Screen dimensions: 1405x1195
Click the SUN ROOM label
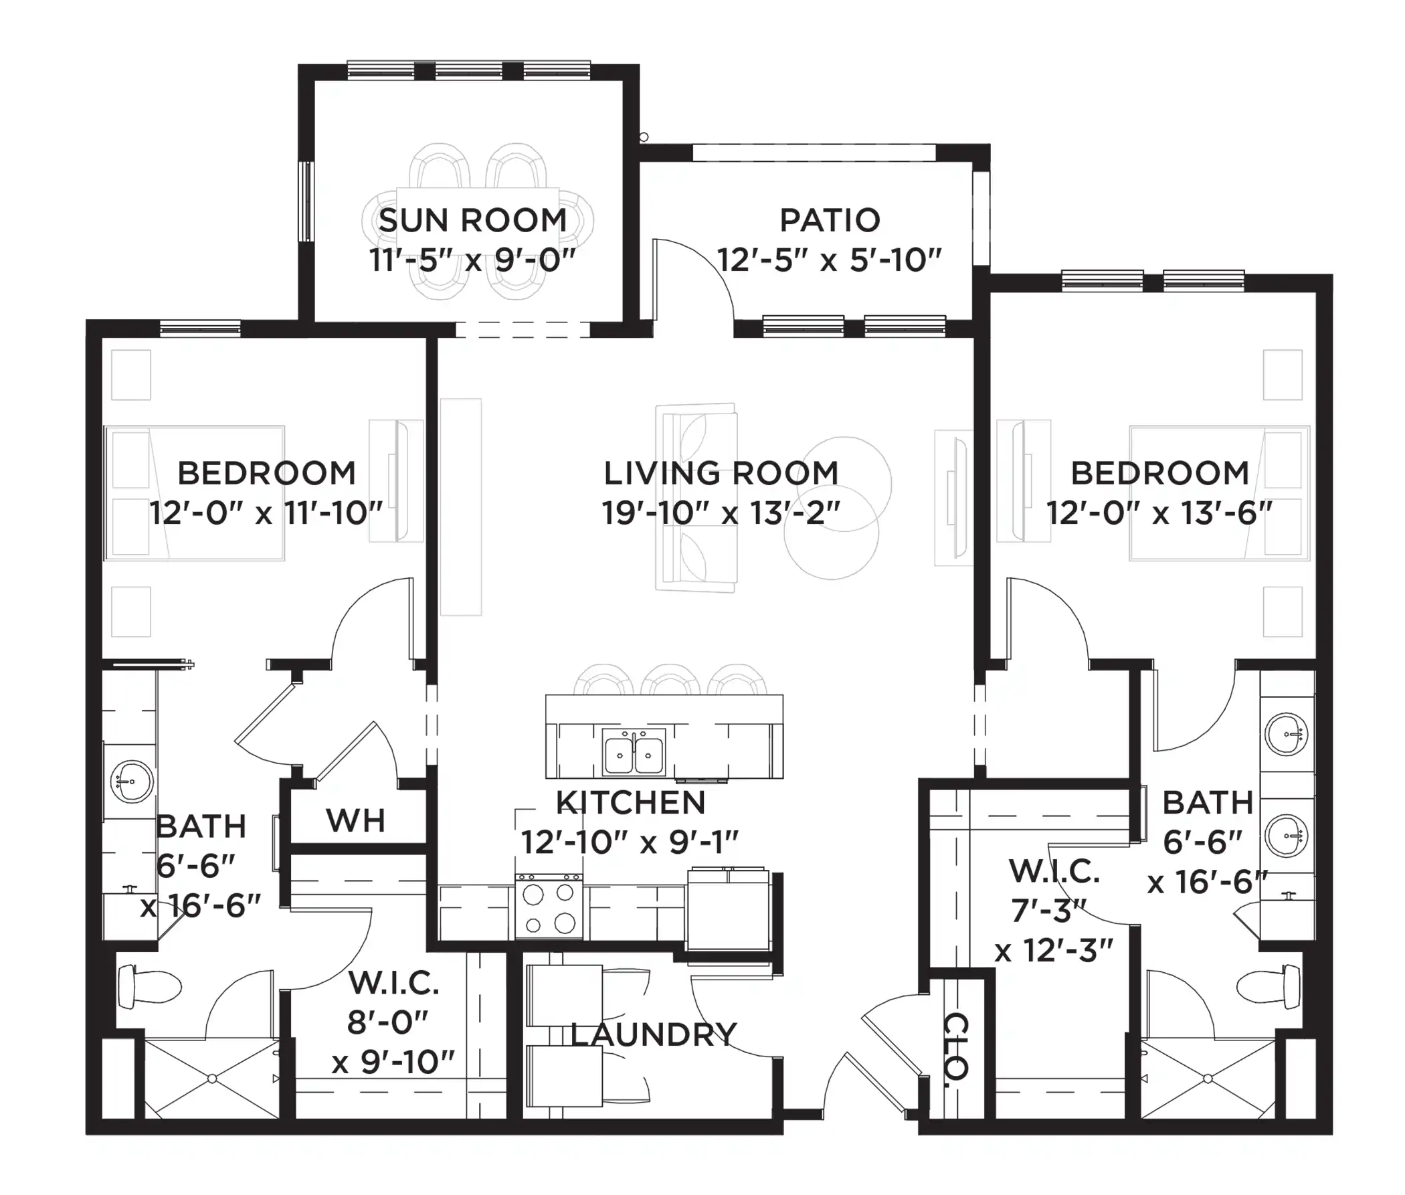point(472,221)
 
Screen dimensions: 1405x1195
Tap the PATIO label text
point(830,221)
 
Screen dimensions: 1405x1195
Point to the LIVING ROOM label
point(721,474)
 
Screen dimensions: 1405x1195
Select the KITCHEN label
point(631,803)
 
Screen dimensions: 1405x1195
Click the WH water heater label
point(356,821)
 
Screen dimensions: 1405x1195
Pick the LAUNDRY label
point(653,1034)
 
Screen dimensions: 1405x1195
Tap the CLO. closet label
point(956,1046)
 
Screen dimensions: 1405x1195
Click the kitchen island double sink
point(634,751)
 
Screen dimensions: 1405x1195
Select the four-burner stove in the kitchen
point(549,907)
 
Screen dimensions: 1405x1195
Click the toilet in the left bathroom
point(149,986)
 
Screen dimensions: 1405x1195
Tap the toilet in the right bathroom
point(1268,986)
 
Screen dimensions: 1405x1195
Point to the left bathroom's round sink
point(131,781)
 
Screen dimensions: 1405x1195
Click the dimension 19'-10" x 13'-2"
point(721,513)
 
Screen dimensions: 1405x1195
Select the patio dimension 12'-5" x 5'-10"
point(830,260)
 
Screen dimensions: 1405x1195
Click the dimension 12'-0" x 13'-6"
point(1159,513)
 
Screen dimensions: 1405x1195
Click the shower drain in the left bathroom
point(212,1079)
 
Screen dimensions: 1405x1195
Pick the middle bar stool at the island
point(670,680)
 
